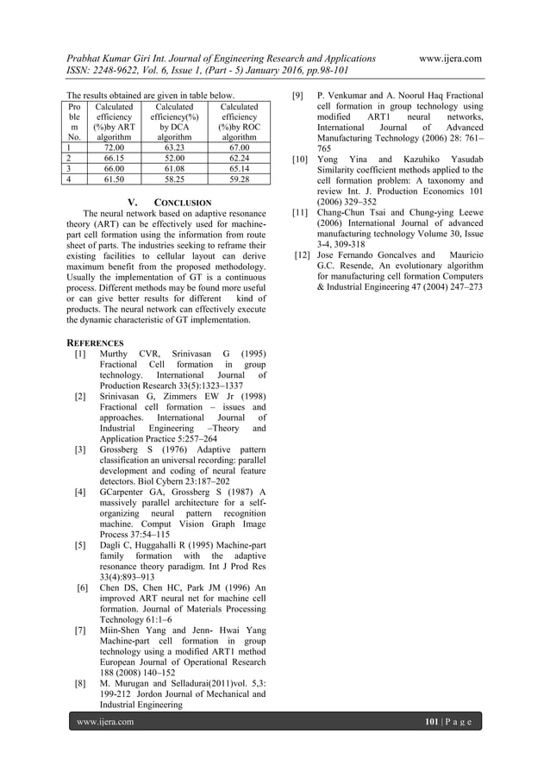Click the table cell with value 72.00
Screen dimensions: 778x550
click(114, 147)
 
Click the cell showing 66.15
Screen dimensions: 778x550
click(114, 159)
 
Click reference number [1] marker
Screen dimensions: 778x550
click(79, 354)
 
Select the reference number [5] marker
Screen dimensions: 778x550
click(79, 545)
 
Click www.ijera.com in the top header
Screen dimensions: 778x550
click(449, 58)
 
